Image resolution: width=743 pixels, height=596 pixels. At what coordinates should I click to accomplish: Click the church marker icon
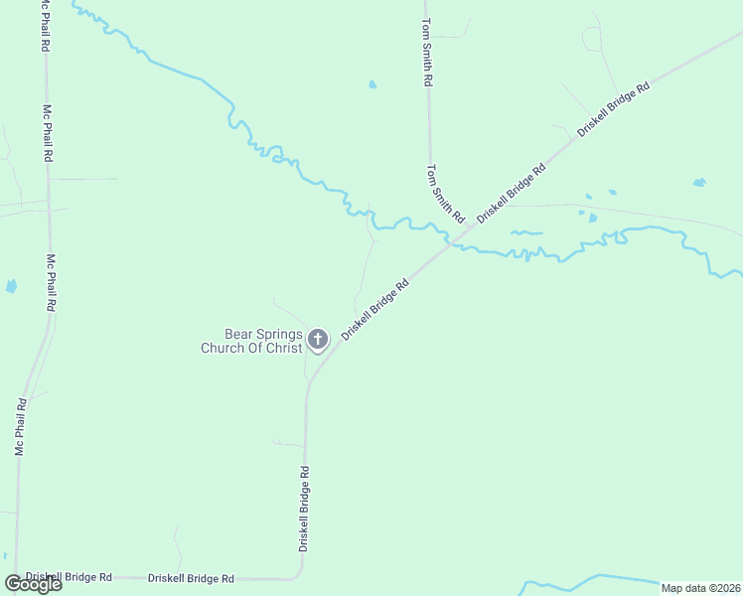click(x=318, y=340)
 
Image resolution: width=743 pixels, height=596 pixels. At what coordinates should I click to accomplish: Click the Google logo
click(x=33, y=584)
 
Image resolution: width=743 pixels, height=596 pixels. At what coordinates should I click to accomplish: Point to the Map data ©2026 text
click(x=700, y=588)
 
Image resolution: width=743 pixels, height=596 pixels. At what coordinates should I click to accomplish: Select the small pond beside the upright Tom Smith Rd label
click(x=372, y=84)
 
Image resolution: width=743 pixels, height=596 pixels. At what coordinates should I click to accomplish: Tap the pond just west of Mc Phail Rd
click(x=11, y=286)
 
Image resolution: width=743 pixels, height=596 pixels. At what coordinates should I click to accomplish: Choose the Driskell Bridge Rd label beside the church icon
click(x=375, y=309)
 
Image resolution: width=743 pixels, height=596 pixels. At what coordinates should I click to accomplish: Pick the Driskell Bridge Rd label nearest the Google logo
click(x=69, y=576)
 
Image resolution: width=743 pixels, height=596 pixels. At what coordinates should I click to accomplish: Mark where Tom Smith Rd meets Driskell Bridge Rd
click(x=451, y=241)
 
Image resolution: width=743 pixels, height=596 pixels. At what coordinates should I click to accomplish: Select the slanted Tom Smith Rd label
click(x=445, y=193)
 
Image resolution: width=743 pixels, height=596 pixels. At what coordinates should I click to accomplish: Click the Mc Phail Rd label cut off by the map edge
click(x=46, y=25)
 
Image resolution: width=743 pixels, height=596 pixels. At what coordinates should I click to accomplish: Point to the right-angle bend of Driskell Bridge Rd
click(x=300, y=573)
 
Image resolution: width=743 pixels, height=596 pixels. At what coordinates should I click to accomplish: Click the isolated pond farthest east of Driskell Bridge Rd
click(x=699, y=183)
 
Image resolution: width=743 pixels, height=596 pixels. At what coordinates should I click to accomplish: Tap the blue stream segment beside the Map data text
click(x=596, y=579)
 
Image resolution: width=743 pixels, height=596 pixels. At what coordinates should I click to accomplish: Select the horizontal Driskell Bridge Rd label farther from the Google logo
click(x=191, y=577)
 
